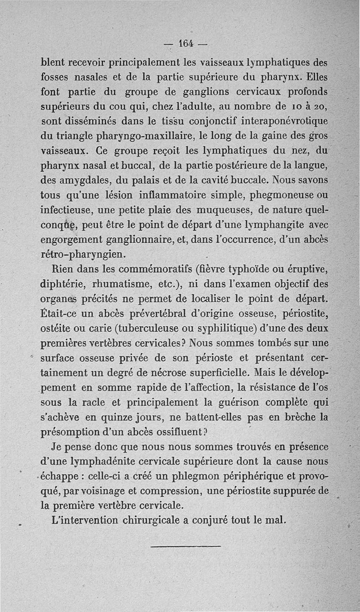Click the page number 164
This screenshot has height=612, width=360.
(186, 44)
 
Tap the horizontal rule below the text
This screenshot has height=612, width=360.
(186, 546)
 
